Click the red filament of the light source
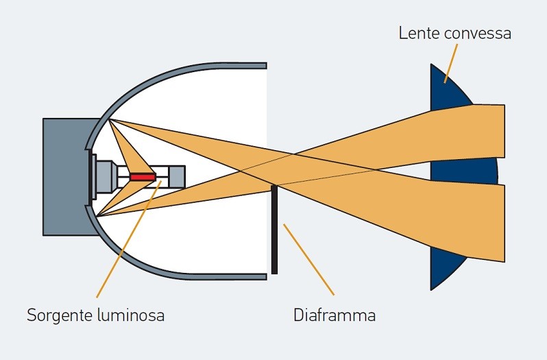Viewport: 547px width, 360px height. click(144, 177)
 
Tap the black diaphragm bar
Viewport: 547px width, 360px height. click(274, 230)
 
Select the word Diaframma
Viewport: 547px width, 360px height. click(335, 316)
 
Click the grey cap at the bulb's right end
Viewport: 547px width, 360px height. click(176, 177)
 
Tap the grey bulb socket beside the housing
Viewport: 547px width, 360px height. click(105, 177)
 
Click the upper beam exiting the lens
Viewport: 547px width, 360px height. click(487, 130)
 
